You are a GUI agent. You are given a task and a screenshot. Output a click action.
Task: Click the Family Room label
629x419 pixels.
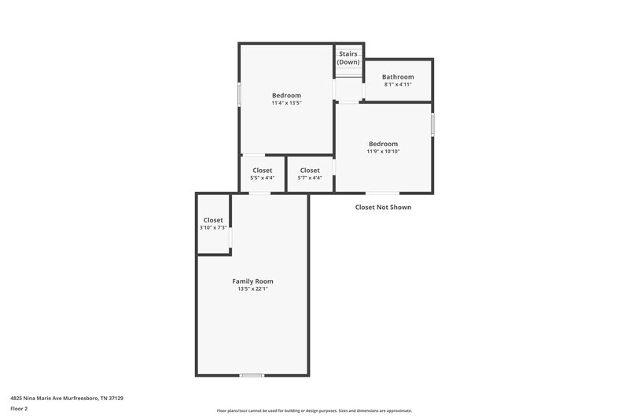coord(252,281)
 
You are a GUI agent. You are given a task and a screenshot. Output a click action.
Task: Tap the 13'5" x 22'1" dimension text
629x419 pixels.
coord(252,289)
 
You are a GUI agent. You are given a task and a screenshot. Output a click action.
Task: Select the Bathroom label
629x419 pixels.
coord(398,77)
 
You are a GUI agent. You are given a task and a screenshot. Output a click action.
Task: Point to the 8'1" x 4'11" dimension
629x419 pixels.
coord(398,85)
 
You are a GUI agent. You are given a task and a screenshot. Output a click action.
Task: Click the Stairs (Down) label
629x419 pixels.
coord(348,57)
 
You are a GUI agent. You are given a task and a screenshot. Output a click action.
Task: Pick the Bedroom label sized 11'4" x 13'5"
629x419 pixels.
coord(286,95)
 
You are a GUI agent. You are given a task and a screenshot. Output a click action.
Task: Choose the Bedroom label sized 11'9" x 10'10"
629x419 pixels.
coord(383,144)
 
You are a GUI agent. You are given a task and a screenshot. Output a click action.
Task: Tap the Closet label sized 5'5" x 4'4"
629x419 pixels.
coord(263,171)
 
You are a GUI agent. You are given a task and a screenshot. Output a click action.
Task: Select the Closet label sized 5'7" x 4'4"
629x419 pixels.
coord(310,171)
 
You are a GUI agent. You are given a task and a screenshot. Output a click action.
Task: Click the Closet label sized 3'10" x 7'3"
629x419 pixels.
coord(213,220)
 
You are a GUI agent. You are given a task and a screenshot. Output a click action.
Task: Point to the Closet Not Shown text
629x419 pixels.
coord(383,208)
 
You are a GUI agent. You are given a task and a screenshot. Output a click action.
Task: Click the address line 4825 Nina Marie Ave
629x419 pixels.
coord(67,399)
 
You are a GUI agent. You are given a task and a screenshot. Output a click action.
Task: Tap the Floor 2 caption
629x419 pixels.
coord(19,409)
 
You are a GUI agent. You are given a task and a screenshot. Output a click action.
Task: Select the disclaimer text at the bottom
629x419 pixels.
coord(314,410)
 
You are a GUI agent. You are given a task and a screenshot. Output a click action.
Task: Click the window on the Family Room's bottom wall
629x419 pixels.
coord(252,375)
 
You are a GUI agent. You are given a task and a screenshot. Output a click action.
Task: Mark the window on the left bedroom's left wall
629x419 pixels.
coord(240,94)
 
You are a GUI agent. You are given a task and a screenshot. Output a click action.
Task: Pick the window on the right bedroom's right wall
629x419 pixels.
coord(432,124)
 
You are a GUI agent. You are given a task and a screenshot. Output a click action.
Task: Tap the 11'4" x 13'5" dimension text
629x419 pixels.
coord(286,103)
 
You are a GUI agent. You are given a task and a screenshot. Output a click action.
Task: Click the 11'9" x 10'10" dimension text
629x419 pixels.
coord(383,152)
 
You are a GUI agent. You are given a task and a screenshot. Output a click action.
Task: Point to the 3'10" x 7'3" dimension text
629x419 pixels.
coord(213,228)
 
